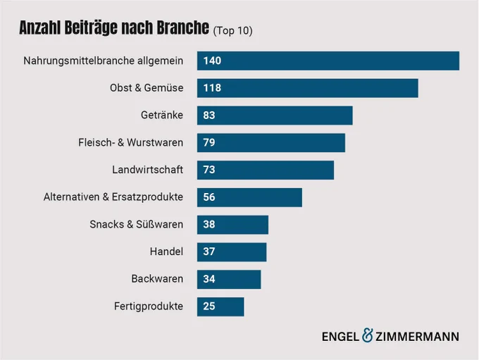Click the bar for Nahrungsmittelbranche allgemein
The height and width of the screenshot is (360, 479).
pyautogui.click(x=328, y=61)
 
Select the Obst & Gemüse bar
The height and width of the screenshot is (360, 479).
pyautogui.click(x=308, y=88)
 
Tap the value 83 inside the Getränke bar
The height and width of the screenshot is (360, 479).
pyautogui.click(x=209, y=116)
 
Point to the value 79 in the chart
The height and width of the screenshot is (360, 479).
pyautogui.click(x=209, y=142)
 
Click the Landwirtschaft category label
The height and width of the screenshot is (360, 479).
pyautogui.click(x=147, y=170)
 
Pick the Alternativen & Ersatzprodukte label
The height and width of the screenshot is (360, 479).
pyautogui.click(x=113, y=197)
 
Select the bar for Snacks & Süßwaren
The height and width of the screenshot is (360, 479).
pyautogui.click(x=232, y=225)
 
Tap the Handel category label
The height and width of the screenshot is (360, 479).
pyautogui.click(x=166, y=252)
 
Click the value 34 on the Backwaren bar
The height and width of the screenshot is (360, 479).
pyautogui.click(x=209, y=279)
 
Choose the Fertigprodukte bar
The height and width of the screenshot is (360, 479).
pyautogui.click(x=220, y=306)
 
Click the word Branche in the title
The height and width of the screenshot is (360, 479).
pyautogui.click(x=183, y=27)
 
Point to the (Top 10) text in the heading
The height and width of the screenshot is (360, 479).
pyautogui.click(x=232, y=30)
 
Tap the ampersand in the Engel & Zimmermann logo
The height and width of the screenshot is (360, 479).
pyautogui.click(x=368, y=335)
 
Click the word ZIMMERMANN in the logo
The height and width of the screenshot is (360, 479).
pyautogui.click(x=417, y=337)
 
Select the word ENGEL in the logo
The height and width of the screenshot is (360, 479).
pyautogui.click(x=341, y=337)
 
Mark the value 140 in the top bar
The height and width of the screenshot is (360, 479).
pyautogui.click(x=212, y=61)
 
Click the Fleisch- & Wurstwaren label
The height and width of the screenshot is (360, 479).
pyautogui.click(x=131, y=142)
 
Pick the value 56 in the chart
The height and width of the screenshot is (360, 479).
pyautogui.click(x=209, y=197)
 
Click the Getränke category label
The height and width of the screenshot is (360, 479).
pyautogui.click(x=162, y=116)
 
